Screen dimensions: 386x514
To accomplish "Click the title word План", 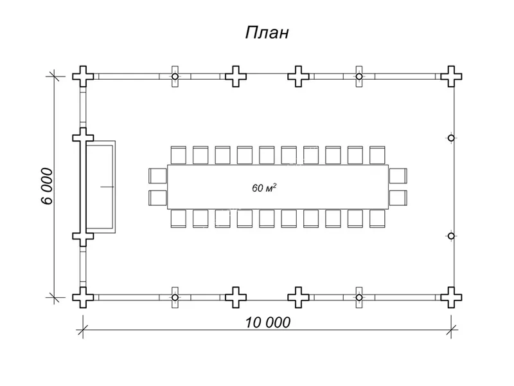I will pyautogui.click(x=267, y=33).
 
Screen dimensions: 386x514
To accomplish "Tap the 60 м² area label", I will pyautogui.click(x=264, y=188).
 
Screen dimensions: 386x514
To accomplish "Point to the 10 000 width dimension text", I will pyautogui.click(x=268, y=322).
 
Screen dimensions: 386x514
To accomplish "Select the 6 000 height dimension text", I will pyautogui.click(x=46, y=186).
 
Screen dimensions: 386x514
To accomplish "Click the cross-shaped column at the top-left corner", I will pyautogui.click(x=83, y=76).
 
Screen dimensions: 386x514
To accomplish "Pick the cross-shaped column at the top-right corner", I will pyautogui.click(x=452, y=76).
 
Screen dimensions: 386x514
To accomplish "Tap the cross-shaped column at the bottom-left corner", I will pyautogui.click(x=83, y=297).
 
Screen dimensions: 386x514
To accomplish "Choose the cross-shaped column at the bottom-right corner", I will pyautogui.click(x=452, y=297).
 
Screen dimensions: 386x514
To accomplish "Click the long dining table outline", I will pyautogui.click(x=278, y=187).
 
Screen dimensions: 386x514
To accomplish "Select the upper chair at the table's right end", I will pyautogui.click(x=398, y=176).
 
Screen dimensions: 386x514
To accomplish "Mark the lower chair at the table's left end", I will pyautogui.click(x=157, y=198).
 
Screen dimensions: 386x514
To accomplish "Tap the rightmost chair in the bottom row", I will pyautogui.click(x=377, y=219).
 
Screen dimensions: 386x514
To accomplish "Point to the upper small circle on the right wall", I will pyautogui.click(x=451, y=138).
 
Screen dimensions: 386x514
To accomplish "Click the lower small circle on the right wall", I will pyautogui.click(x=451, y=236).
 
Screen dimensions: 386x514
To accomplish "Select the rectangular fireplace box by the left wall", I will pyautogui.click(x=102, y=187).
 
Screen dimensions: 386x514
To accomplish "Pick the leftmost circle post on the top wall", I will pyautogui.click(x=175, y=76).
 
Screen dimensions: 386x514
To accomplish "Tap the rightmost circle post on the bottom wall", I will pyautogui.click(x=359, y=297).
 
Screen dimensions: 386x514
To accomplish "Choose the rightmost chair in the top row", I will pyautogui.click(x=377, y=155).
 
